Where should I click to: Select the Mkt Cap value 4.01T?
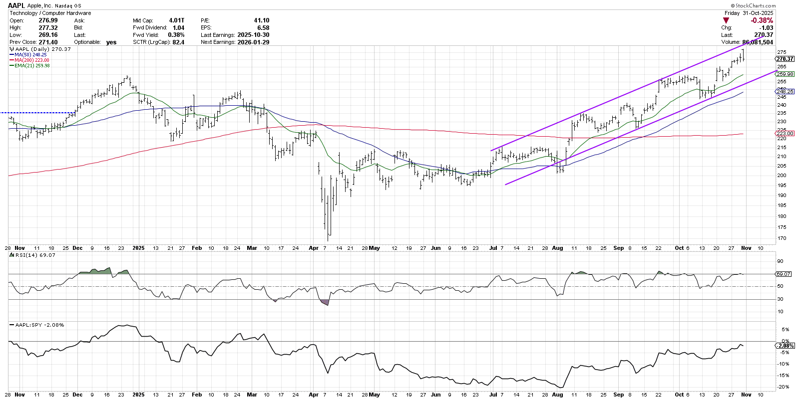coord(176,20)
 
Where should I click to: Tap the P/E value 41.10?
coord(261,20)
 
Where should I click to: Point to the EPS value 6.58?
coord(263,28)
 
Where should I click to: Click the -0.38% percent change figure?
coord(762,20)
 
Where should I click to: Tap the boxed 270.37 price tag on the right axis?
coord(785,59)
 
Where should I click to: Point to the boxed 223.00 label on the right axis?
coord(785,134)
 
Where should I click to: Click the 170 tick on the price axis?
coord(782,238)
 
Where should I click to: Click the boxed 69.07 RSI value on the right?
coord(784,274)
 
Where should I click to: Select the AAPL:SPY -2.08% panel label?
coord(39,325)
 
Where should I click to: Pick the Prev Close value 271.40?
coord(48,42)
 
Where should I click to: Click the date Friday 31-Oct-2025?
coord(749,13)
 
